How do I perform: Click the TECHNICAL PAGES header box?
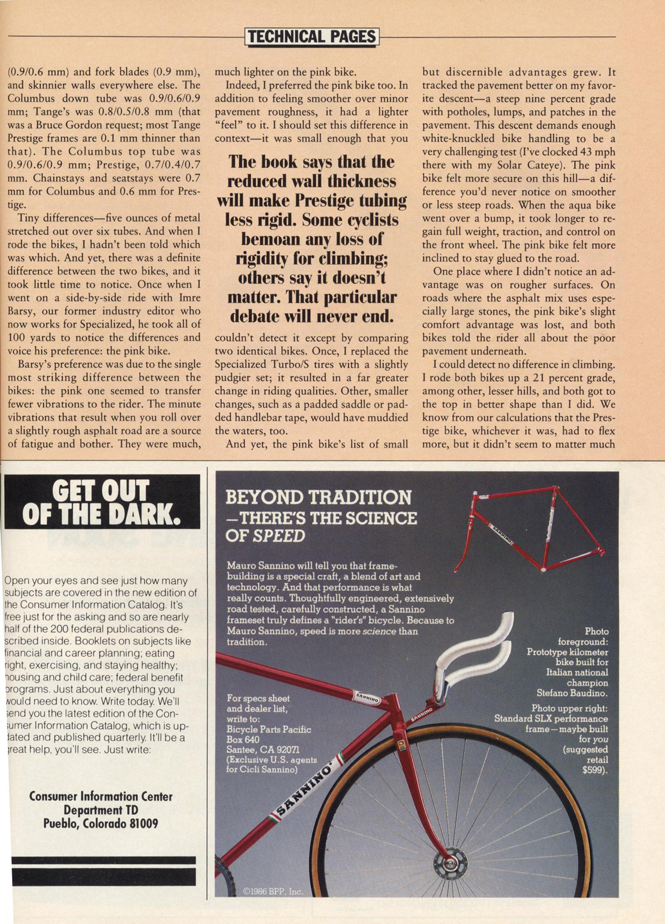click(x=312, y=37)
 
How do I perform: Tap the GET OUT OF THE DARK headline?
click(x=102, y=502)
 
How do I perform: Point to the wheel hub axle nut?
click(x=450, y=866)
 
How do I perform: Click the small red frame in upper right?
click(x=526, y=528)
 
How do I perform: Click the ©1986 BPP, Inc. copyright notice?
click(x=273, y=891)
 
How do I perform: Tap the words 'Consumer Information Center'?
click(x=101, y=796)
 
